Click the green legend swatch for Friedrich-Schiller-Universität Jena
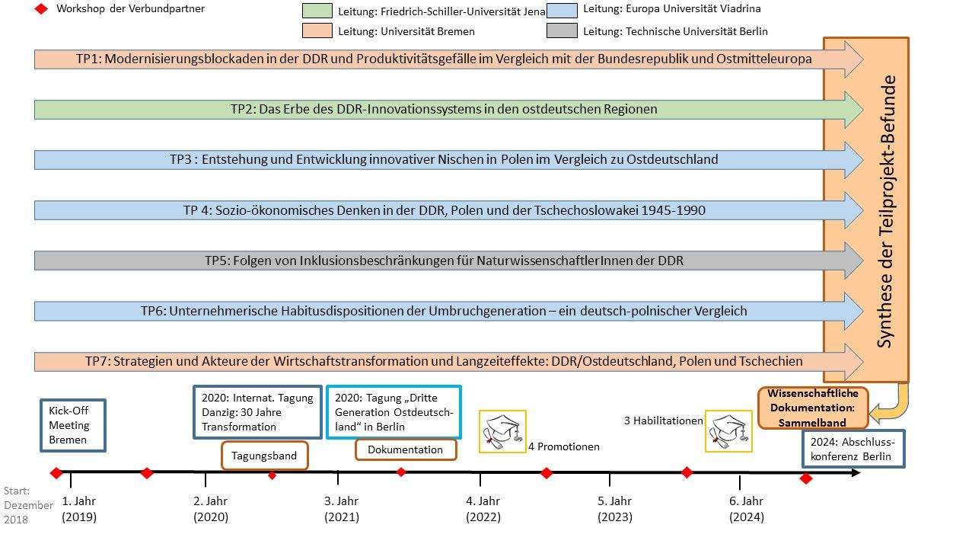[x=317, y=11]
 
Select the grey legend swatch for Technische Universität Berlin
[x=561, y=31]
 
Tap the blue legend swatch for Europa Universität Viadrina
[x=561, y=10]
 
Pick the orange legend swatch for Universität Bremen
[x=317, y=31]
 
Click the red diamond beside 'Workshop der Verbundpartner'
[x=41, y=9]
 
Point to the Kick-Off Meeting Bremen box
[x=73, y=426]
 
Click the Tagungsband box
[x=265, y=456]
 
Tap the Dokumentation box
[x=405, y=449]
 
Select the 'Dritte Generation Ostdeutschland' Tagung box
[x=394, y=412]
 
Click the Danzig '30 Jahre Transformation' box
[x=257, y=412]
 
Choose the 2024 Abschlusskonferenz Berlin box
[x=854, y=449]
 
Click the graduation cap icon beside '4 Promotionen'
[x=502, y=431]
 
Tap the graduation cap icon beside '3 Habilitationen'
[x=728, y=431]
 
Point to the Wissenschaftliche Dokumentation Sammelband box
[x=813, y=408]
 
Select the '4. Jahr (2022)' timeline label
[x=483, y=509]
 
